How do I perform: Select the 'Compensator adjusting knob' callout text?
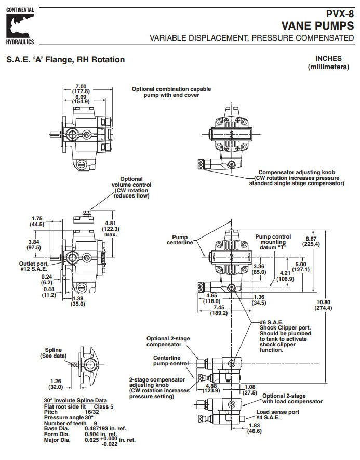click(296, 177)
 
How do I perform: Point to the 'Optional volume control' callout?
click(131, 187)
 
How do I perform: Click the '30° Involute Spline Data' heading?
click(75, 400)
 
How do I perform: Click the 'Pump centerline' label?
click(180, 239)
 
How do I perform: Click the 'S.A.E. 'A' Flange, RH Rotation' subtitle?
click(65, 60)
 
